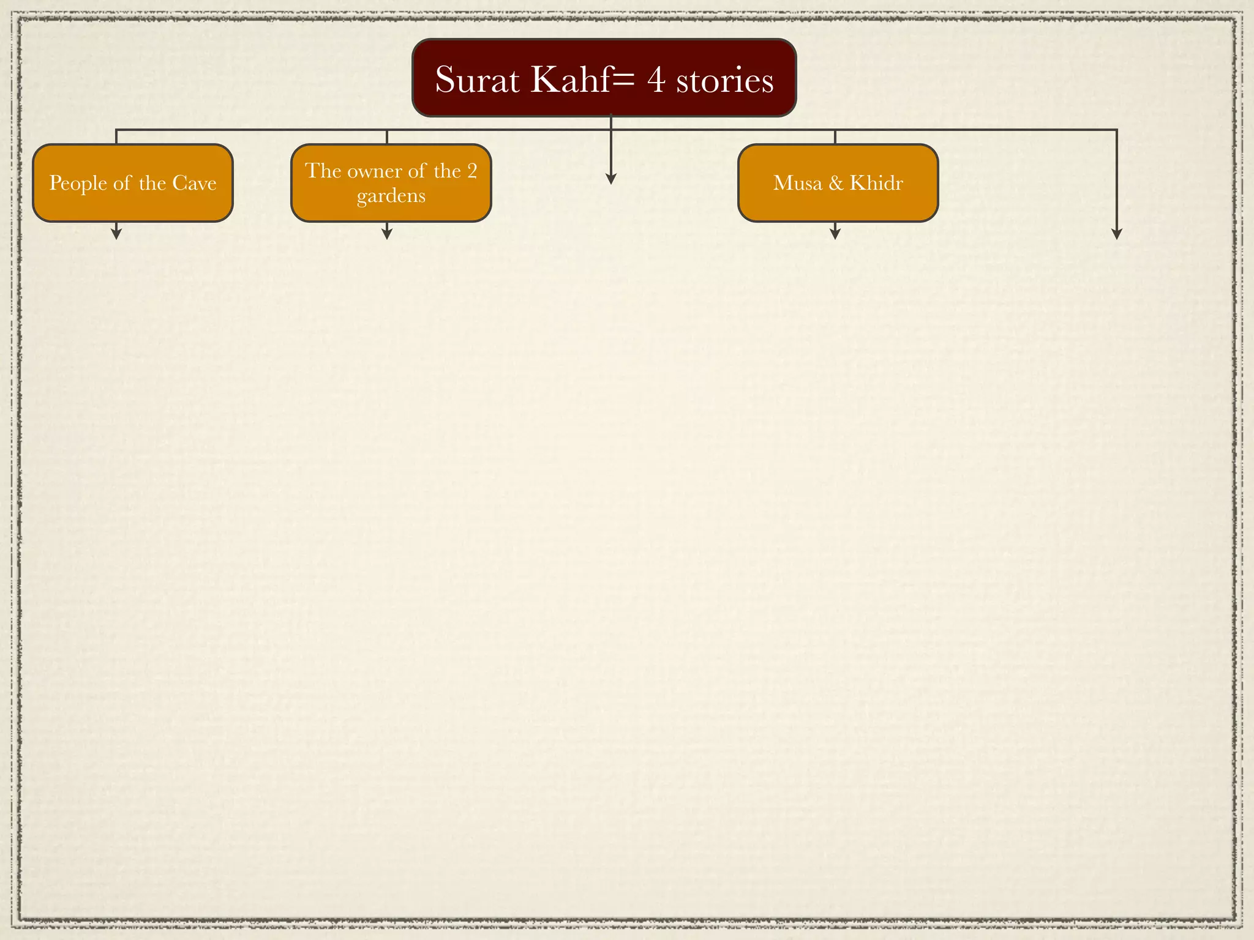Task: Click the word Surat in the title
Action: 477,80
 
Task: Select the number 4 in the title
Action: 656,80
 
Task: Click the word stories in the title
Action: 724,80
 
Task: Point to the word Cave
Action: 194,183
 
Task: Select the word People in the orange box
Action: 78,183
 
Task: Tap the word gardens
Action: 391,196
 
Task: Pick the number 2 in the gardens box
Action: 471,171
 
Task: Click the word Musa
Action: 797,183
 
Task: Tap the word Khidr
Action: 876,183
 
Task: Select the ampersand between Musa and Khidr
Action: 836,183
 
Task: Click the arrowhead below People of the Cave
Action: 116,233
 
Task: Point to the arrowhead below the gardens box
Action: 386,233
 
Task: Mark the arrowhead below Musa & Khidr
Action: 835,233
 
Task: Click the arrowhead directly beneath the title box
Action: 610,178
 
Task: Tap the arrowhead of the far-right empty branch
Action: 1116,234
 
